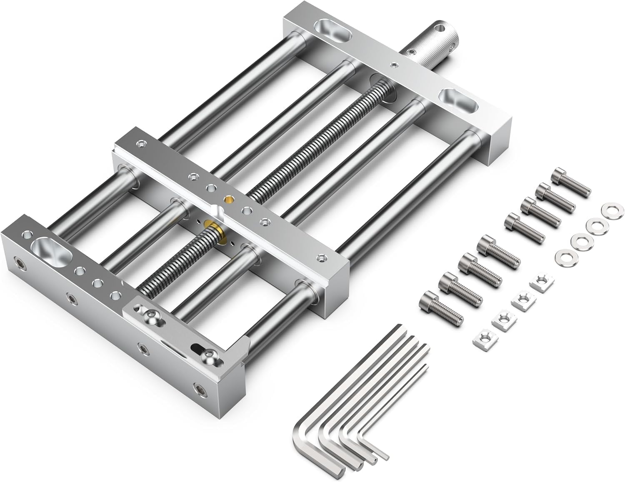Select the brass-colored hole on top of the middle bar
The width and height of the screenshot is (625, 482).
[227, 199]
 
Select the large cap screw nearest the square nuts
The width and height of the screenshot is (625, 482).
[442, 307]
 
